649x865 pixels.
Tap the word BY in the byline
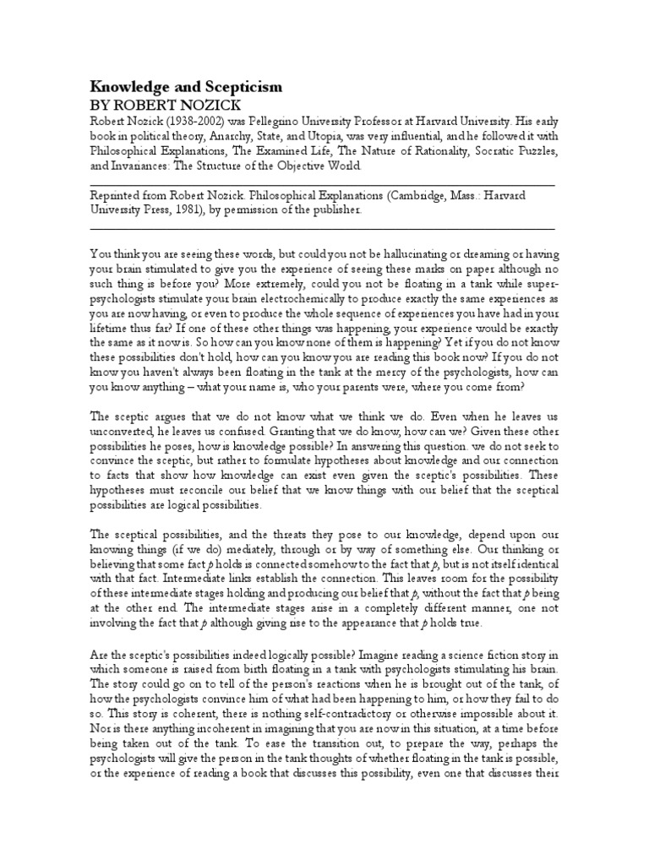pos(100,106)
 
